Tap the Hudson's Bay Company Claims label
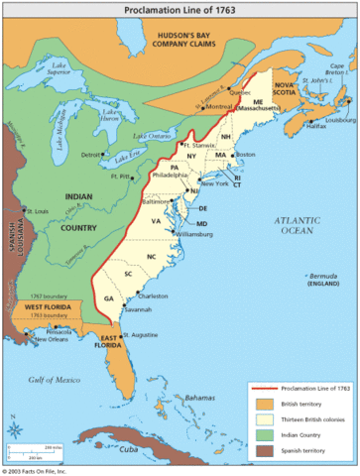coord(182,39)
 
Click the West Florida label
coord(47,310)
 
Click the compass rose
coord(16,428)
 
